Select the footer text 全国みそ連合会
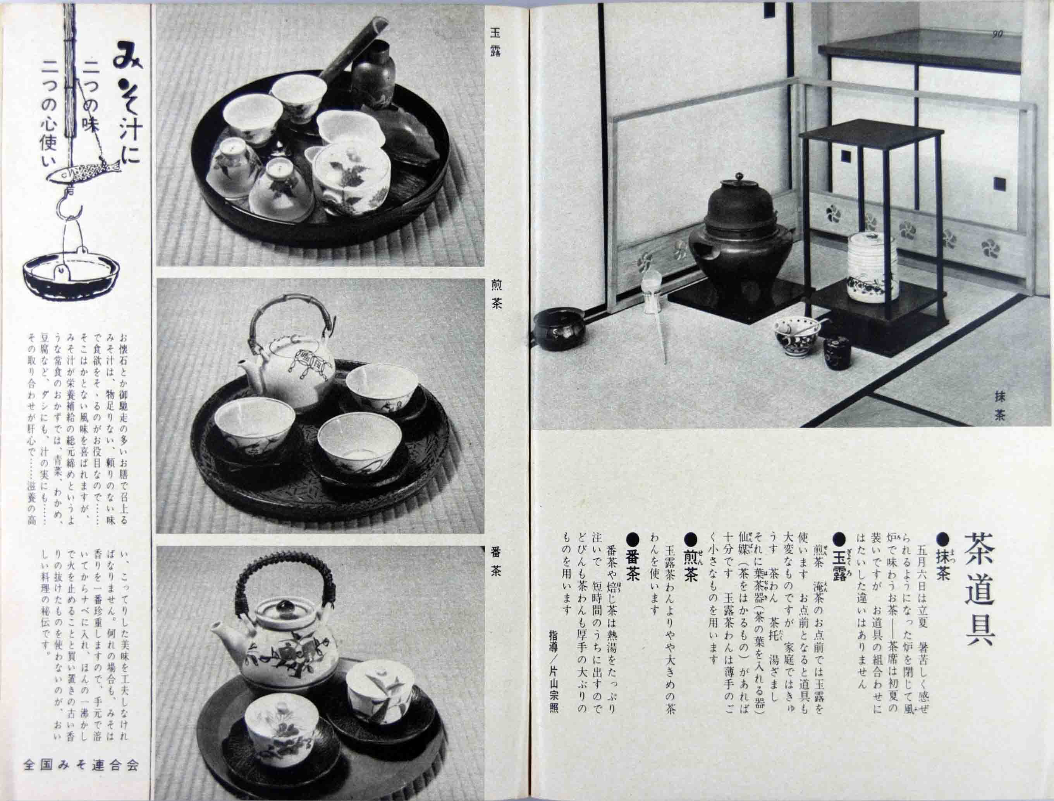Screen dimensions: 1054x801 81,766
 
